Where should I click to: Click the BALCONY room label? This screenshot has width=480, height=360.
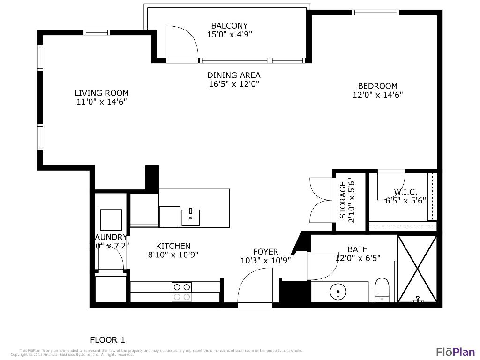(229, 26)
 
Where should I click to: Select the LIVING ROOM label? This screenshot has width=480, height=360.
(101, 93)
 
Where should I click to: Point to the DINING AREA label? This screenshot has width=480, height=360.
(234, 75)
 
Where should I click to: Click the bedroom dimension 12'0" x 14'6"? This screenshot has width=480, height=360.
(377, 94)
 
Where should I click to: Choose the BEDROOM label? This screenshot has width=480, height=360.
(377, 86)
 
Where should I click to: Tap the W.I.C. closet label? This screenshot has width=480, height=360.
(405, 192)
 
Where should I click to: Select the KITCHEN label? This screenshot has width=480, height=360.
(173, 246)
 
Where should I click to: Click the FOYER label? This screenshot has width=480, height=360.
(265, 252)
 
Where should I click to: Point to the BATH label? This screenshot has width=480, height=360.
(358, 249)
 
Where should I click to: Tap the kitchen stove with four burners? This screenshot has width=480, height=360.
(182, 292)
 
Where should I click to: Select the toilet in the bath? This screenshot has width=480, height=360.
(382, 289)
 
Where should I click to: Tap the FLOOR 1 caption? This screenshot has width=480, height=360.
(107, 339)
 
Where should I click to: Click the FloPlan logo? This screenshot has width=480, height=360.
(456, 352)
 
